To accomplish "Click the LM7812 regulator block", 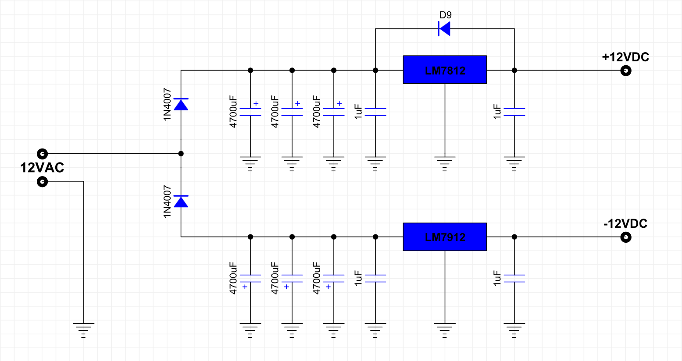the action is (445, 70).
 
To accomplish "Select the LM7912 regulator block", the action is (445, 237).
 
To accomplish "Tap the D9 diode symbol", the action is (444, 28).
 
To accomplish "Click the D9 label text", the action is (446, 15).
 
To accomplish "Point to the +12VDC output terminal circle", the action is (626, 71).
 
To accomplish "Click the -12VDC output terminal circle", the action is (626, 237).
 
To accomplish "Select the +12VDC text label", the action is (625, 57).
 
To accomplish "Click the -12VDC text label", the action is (625, 224).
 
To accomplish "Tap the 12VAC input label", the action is (42, 168).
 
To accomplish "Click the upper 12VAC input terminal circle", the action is (42, 154).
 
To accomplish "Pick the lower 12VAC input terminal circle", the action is (42, 182).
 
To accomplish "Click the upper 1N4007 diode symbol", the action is (181, 104).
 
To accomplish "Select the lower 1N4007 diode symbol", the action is (181, 202).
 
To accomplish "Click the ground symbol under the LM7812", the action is (445, 164).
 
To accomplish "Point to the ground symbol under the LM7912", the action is (445, 331).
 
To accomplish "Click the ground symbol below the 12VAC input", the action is (84, 331).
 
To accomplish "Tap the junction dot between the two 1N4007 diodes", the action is (181, 154).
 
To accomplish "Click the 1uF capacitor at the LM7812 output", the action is (514, 112).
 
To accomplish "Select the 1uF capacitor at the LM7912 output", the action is (514, 279).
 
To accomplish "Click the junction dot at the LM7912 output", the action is (514, 237).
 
